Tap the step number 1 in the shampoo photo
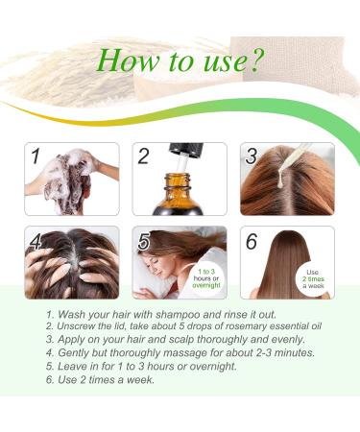[x=36, y=156]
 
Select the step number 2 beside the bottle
[x=143, y=156]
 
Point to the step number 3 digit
[x=252, y=156]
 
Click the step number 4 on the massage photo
[x=36, y=241]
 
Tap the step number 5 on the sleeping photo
[x=144, y=241]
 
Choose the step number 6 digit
[x=252, y=241]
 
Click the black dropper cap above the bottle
[x=186, y=150]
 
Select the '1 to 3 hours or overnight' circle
[x=206, y=278]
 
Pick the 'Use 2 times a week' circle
[x=313, y=279]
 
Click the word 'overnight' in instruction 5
[x=213, y=366]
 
